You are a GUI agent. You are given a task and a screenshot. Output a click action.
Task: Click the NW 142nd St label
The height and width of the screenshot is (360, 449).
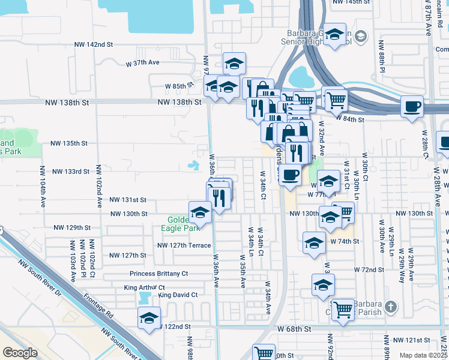[x=94, y=44]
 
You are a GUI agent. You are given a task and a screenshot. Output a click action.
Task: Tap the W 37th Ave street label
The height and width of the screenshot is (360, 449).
[x=142, y=62]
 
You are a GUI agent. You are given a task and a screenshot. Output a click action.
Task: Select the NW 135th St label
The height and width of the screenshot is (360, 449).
[x=70, y=143]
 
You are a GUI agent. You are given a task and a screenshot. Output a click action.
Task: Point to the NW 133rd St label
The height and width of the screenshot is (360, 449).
[x=71, y=172]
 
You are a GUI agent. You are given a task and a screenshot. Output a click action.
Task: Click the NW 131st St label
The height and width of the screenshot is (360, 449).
[x=127, y=199]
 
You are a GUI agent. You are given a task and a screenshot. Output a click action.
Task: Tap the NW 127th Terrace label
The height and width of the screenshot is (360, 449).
[x=184, y=245]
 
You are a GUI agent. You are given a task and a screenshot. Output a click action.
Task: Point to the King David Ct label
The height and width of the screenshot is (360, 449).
[x=179, y=295]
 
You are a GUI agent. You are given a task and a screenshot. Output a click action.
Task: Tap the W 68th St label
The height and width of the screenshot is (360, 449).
[x=294, y=329]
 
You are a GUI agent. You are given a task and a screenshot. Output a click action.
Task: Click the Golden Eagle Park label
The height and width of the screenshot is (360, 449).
[x=180, y=224]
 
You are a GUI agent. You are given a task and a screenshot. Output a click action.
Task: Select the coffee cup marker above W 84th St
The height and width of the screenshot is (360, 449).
[x=412, y=107]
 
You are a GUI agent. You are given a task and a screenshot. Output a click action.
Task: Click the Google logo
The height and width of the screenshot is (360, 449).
[x=20, y=352]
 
